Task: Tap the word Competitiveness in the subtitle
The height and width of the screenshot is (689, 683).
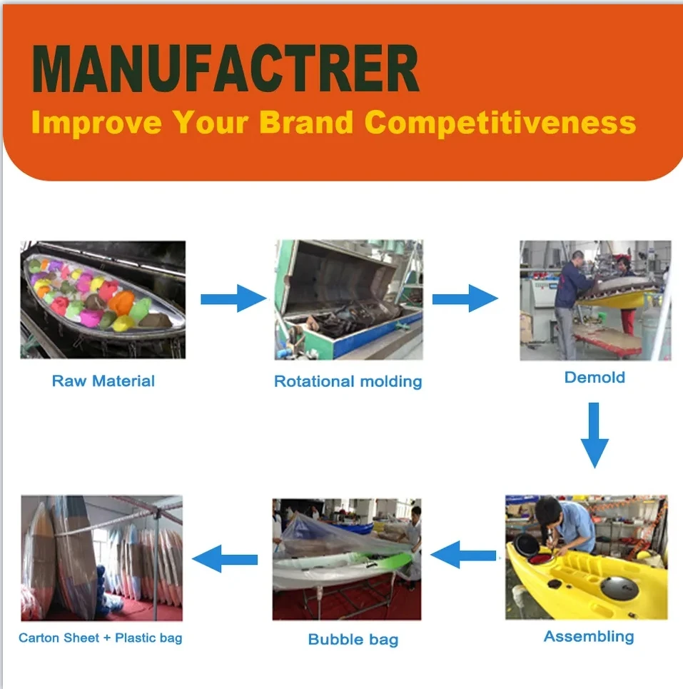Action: (500, 123)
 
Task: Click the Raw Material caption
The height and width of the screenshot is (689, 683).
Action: (103, 381)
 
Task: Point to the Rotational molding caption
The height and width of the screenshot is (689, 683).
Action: (348, 381)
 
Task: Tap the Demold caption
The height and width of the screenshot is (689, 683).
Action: (595, 378)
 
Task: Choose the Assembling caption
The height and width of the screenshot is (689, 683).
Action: (589, 636)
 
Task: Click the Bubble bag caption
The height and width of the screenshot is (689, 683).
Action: (353, 639)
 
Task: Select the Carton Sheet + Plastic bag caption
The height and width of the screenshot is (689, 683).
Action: (100, 638)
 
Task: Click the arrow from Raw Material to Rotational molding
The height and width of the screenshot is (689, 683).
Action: (233, 298)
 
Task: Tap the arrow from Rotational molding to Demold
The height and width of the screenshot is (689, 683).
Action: (465, 298)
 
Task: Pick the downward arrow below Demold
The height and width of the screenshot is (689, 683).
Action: (595, 435)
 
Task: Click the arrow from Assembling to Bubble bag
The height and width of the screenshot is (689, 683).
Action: (463, 555)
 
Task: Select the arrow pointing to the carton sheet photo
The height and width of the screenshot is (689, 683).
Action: (225, 559)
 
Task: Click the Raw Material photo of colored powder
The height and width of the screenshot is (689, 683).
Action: (103, 300)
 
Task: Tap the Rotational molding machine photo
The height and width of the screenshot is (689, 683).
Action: (349, 300)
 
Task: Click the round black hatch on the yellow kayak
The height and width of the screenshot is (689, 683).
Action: (619, 588)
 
